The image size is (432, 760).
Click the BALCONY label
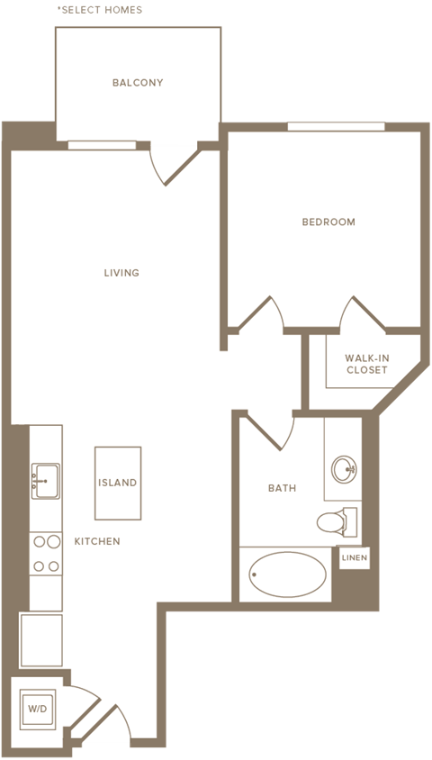tap(138, 83)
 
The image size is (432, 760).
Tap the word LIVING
tap(121, 273)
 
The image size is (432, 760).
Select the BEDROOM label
tap(328, 222)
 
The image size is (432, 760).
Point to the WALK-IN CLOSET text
tap(365, 364)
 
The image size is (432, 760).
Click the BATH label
tap(282, 488)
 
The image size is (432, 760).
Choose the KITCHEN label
tap(97, 541)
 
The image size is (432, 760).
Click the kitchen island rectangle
tap(118, 484)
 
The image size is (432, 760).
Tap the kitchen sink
tap(46, 481)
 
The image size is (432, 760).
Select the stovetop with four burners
tap(46, 554)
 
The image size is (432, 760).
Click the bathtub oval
tap(288, 575)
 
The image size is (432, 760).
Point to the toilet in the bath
tap(337, 522)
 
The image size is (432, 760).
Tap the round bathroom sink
tap(344, 469)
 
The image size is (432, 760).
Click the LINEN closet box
tap(355, 558)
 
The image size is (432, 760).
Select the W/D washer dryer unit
tap(37, 709)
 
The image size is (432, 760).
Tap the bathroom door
tap(270, 431)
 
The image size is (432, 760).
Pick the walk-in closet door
tap(363, 314)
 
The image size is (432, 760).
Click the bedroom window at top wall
tap(336, 126)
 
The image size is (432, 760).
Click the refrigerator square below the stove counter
tap(41, 640)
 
